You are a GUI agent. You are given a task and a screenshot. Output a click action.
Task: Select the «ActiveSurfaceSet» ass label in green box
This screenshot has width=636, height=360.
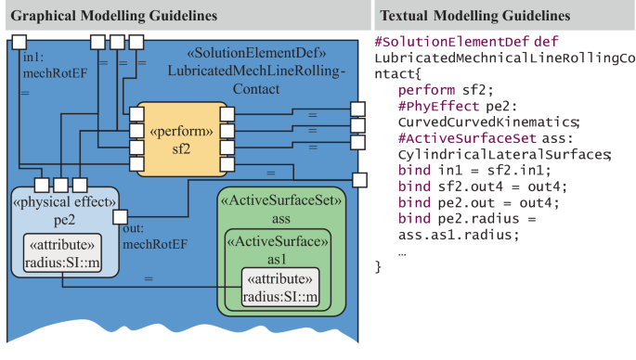pyautogui.click(x=281, y=209)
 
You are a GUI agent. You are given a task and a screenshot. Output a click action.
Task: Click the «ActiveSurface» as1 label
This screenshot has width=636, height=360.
pyautogui.click(x=281, y=251)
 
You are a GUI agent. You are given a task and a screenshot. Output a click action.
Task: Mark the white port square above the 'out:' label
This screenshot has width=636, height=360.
pyautogui.click(x=119, y=218)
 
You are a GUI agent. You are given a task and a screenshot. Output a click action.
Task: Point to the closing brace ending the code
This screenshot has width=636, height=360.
pyautogui.click(x=378, y=267)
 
